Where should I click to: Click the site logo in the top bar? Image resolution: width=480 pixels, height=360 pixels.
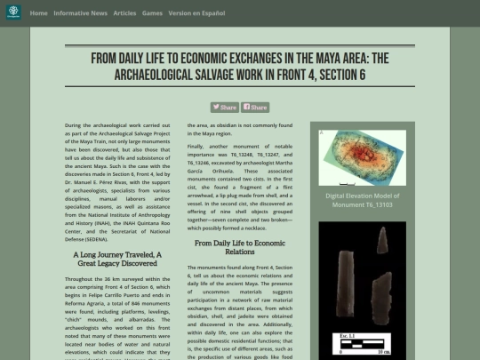(x=13, y=12)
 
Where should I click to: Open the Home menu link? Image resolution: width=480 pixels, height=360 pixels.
(x=38, y=13)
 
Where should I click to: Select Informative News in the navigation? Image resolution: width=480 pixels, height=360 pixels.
(x=80, y=13)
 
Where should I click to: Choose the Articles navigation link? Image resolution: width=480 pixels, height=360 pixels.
(x=124, y=13)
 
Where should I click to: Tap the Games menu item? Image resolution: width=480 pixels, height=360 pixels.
(x=152, y=13)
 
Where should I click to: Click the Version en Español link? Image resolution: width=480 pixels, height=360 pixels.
(x=197, y=13)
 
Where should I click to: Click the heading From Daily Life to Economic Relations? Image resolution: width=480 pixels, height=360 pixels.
(x=240, y=247)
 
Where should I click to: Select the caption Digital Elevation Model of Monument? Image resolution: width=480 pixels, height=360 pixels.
(x=362, y=198)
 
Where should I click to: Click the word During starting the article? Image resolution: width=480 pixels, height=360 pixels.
(x=77, y=126)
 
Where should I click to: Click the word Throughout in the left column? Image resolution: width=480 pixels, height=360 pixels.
(x=84, y=280)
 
